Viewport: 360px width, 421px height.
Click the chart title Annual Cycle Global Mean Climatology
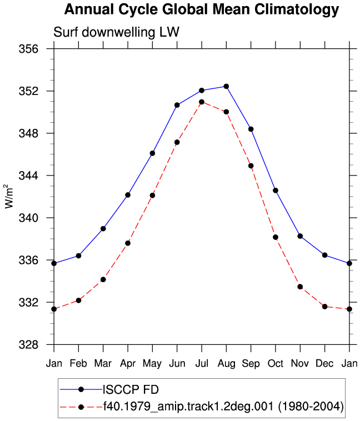click(202, 9)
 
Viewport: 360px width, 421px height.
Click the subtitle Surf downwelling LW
click(116, 32)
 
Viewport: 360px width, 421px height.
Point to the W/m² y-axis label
click(9, 196)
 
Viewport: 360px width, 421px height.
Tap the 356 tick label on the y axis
click(28, 49)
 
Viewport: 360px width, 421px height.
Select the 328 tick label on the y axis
click(28, 344)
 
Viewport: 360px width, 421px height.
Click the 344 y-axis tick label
click(28, 176)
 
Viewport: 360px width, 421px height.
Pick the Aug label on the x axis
click(226, 364)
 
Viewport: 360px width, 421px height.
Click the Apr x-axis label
click(128, 364)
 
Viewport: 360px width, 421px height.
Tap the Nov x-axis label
click(300, 364)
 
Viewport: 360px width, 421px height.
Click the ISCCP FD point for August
click(226, 87)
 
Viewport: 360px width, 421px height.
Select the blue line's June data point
click(177, 105)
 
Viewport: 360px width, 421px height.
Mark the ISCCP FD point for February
click(78, 256)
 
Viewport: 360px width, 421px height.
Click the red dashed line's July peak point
click(202, 102)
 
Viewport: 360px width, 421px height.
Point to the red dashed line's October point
click(276, 237)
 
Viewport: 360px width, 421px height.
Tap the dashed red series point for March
click(103, 279)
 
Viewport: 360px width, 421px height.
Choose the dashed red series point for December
click(325, 307)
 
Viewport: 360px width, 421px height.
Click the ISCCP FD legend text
click(131, 389)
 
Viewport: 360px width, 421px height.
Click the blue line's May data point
click(152, 153)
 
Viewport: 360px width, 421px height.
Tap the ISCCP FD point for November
click(300, 236)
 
